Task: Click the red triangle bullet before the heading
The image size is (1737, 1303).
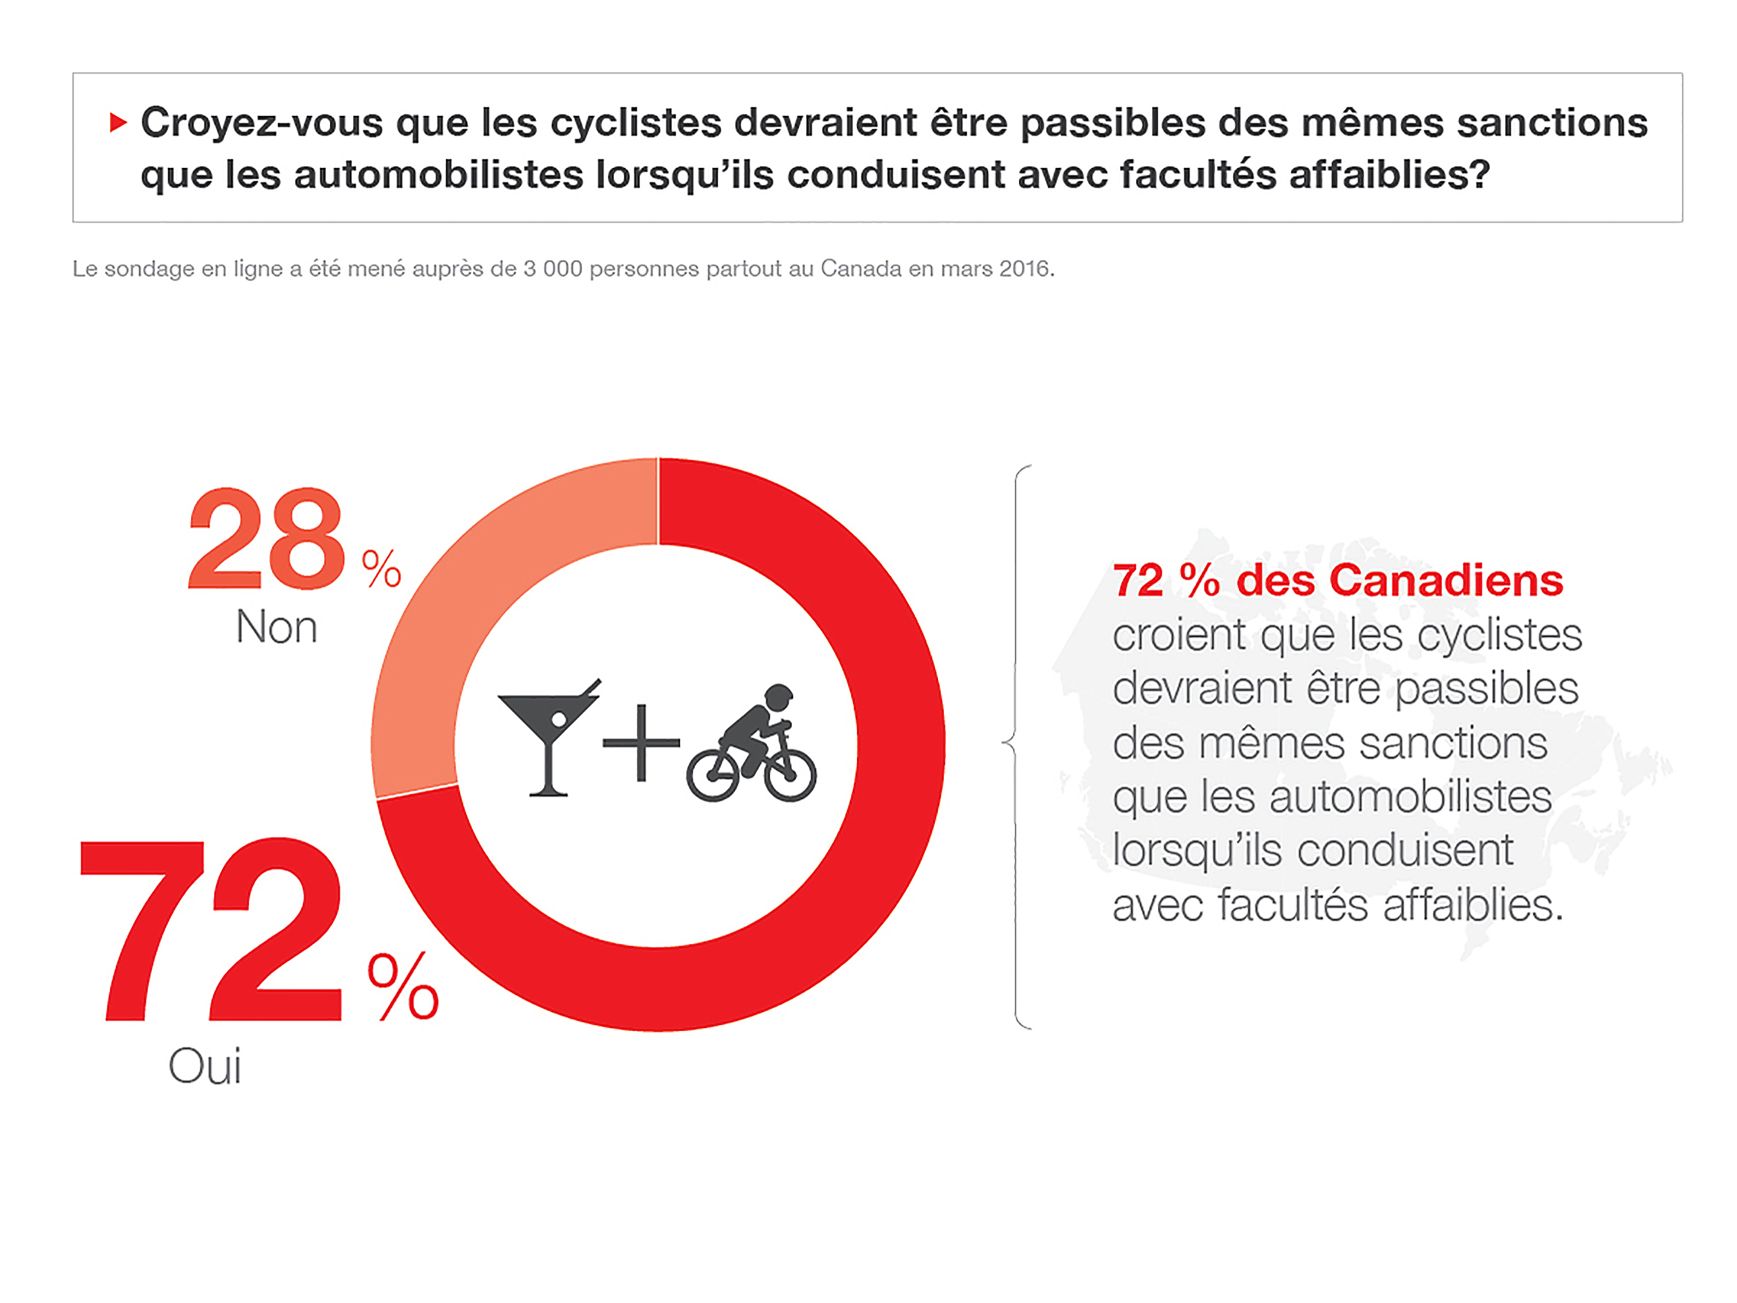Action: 118,122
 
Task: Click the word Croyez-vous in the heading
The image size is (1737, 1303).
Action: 261,122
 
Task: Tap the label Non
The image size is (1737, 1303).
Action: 277,627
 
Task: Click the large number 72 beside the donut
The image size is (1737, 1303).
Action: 212,930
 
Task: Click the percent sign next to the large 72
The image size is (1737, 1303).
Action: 403,987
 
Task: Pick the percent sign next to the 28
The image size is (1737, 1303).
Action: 381,569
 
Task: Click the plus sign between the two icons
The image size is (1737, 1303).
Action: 641,742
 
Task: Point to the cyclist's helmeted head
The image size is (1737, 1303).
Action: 778,697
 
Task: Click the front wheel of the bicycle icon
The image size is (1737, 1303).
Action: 790,775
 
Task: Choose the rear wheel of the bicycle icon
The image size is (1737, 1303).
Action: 713,775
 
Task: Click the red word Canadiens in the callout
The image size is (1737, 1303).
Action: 1446,580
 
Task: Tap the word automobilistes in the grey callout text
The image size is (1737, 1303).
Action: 1410,797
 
